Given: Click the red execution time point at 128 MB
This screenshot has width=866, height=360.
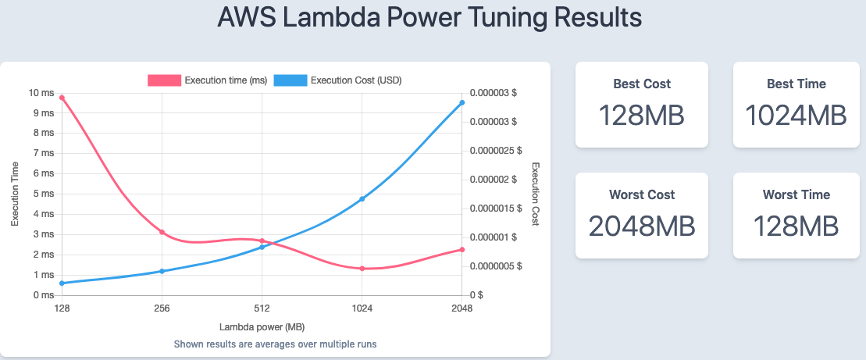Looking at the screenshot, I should point(62,98).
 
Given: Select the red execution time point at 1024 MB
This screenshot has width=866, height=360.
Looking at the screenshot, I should point(362,269).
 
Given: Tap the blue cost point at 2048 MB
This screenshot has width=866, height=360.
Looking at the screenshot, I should point(462,102).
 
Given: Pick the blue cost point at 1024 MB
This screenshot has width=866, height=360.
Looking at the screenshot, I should point(362,199).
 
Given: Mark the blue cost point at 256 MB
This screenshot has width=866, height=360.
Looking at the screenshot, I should point(162,271).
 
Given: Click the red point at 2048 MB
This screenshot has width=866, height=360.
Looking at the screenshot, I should point(462,250).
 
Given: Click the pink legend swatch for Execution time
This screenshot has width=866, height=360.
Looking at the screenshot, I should point(164,80).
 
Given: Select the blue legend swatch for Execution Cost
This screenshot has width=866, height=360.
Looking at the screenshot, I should point(290,80).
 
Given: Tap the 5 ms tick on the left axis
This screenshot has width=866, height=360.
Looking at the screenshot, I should point(44,194).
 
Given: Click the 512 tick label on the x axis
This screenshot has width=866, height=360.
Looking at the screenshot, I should point(262,309).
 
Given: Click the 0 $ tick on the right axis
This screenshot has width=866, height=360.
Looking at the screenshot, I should point(476,295).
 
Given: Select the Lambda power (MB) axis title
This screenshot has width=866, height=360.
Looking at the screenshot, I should point(262,326).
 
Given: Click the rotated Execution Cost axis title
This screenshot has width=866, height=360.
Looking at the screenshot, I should point(536,194).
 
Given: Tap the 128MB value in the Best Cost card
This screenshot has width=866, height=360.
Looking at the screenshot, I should point(641,116).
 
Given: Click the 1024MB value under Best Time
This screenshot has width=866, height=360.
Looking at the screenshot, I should point(796,116).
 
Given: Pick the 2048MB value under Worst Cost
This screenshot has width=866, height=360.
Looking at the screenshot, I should point(641,226).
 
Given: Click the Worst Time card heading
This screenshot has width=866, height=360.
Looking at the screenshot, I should point(796,194).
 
